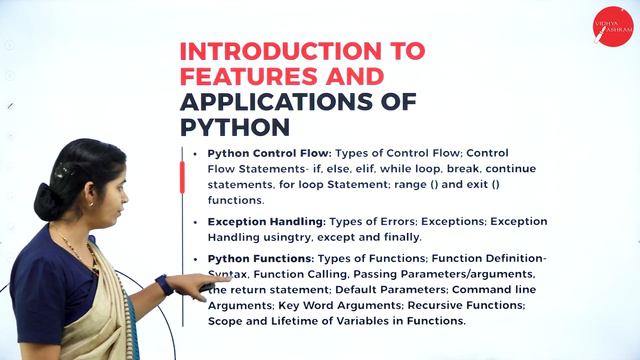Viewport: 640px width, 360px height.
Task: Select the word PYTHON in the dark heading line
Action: pos(235,126)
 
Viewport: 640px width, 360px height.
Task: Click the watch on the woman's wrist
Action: pos(164,284)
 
